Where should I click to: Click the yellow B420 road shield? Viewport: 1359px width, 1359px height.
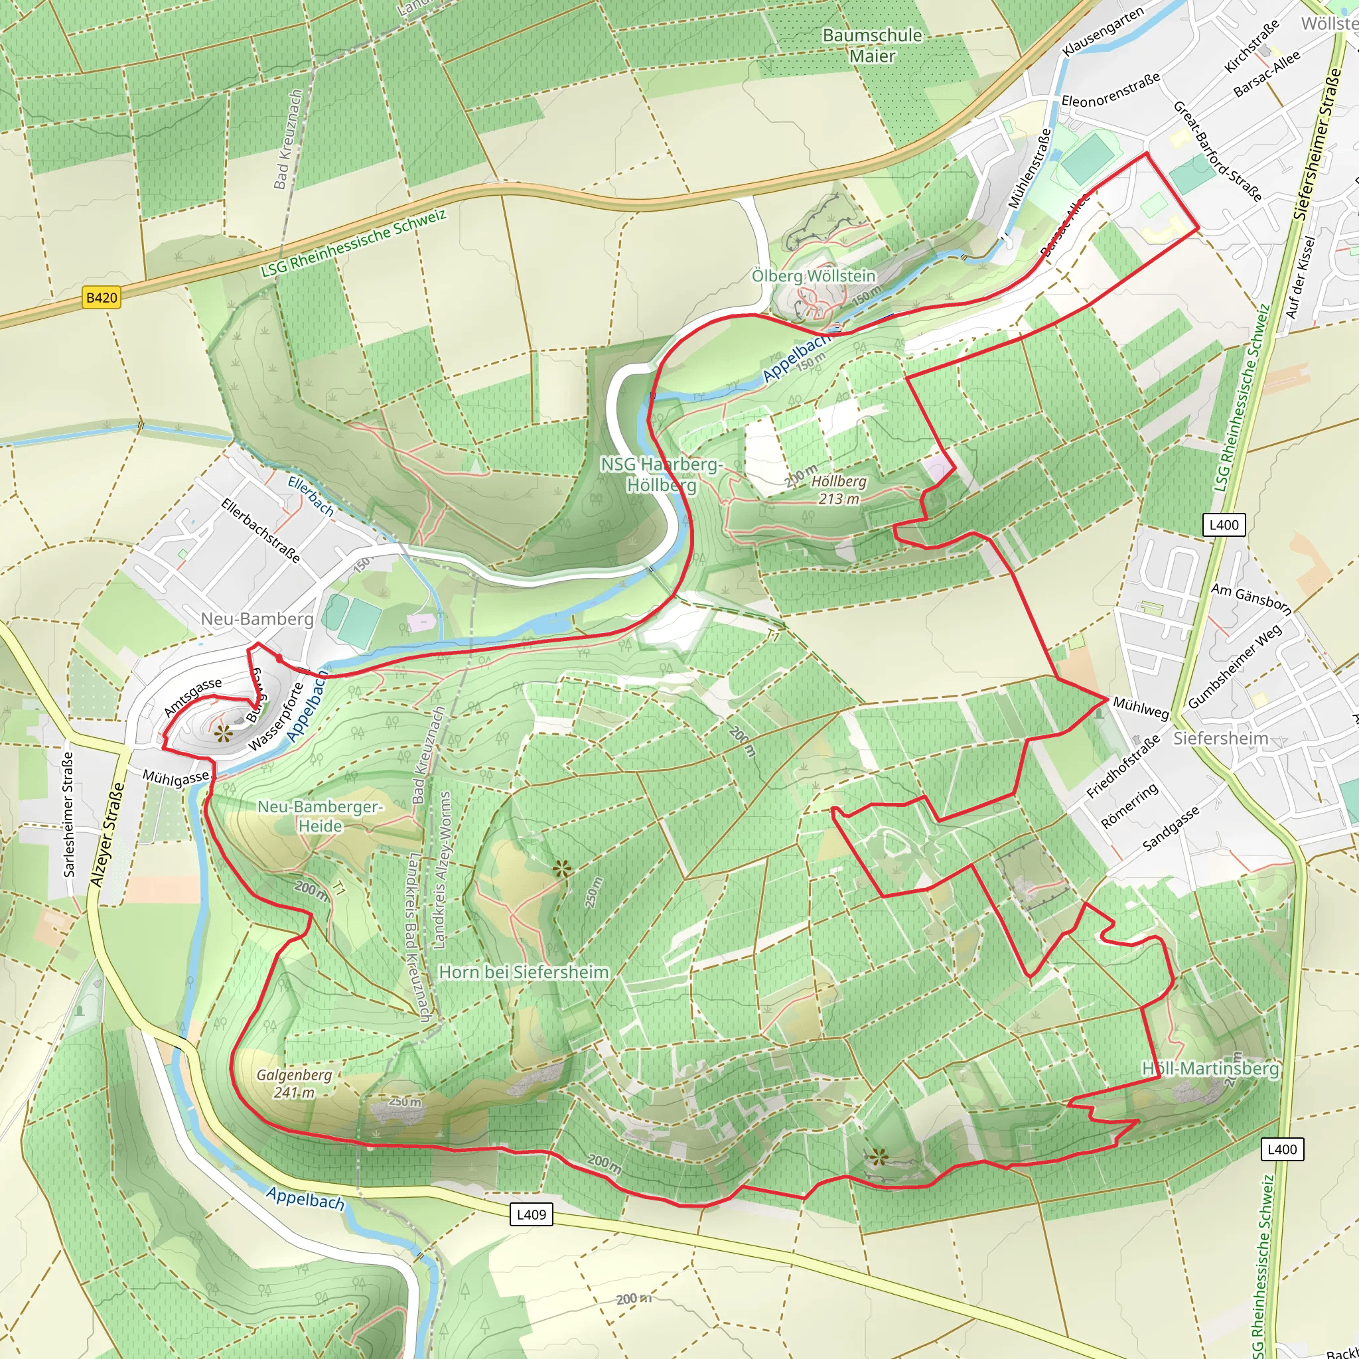pyautogui.click(x=102, y=297)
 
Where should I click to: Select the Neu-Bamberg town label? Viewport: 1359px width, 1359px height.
pyautogui.click(x=257, y=618)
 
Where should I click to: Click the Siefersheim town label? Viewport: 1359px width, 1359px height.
pyautogui.click(x=1220, y=738)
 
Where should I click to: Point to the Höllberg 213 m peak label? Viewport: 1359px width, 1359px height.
pyautogui.click(x=839, y=490)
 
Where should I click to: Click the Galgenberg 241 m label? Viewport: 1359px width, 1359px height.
pyautogui.click(x=294, y=1084)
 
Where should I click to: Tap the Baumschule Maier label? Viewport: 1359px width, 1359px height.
pyautogui.click(x=871, y=46)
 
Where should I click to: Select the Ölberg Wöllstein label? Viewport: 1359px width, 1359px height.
pyautogui.click(x=813, y=276)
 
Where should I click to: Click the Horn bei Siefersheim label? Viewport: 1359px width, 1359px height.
pyautogui.click(x=524, y=972)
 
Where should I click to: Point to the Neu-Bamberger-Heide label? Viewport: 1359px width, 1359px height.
pyautogui.click(x=320, y=816)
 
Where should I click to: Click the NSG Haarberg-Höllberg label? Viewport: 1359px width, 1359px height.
pyautogui.click(x=660, y=474)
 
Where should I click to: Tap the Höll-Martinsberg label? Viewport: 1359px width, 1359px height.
pyautogui.click(x=1210, y=1069)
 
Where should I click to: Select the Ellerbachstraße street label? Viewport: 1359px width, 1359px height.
pyautogui.click(x=261, y=530)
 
